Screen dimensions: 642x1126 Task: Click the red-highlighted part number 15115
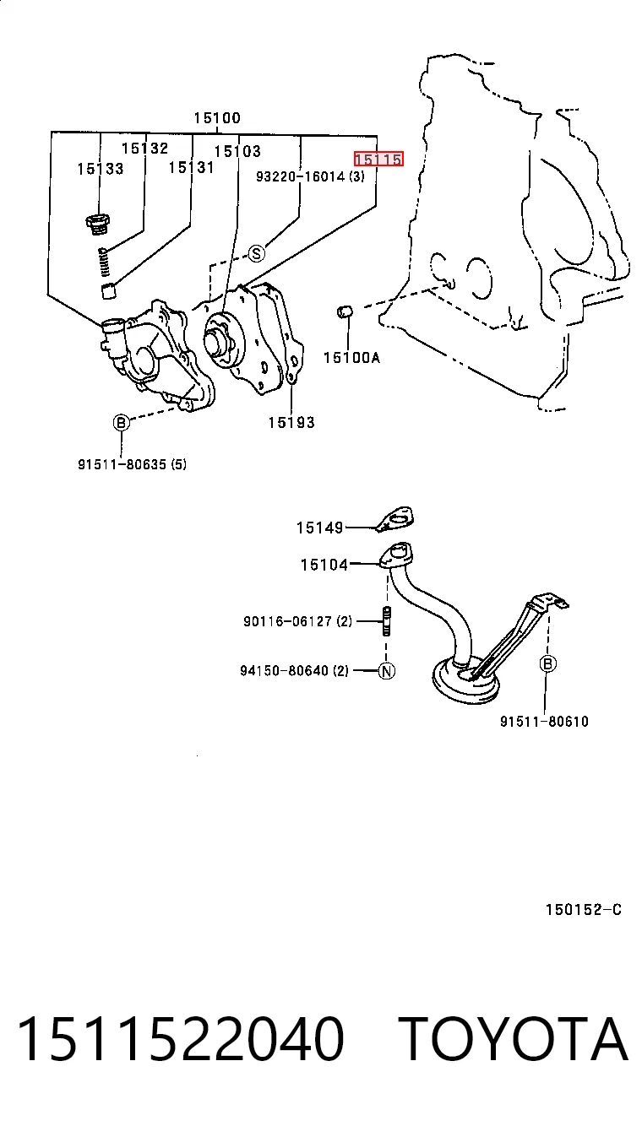(378, 160)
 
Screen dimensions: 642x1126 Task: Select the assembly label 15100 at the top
(217, 118)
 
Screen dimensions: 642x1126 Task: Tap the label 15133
(101, 169)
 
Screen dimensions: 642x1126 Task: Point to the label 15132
(145, 148)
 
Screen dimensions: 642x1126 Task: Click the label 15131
(191, 167)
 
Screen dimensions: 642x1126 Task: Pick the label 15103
(237, 151)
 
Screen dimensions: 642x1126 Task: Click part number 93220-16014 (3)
(310, 176)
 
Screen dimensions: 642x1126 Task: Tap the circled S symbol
(257, 253)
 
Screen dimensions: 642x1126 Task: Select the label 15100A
(351, 357)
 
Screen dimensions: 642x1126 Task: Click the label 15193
(291, 422)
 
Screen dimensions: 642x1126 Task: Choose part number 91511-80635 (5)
(132, 464)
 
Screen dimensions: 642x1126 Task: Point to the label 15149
(319, 528)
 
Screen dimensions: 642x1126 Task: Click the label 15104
(324, 565)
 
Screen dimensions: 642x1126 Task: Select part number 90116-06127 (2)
(298, 621)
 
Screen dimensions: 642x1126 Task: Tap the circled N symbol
(386, 670)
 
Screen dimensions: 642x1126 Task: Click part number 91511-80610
(544, 722)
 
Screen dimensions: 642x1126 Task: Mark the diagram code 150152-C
(584, 909)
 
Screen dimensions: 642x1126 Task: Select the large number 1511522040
(181, 1039)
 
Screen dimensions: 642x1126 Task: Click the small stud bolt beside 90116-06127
(386, 622)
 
